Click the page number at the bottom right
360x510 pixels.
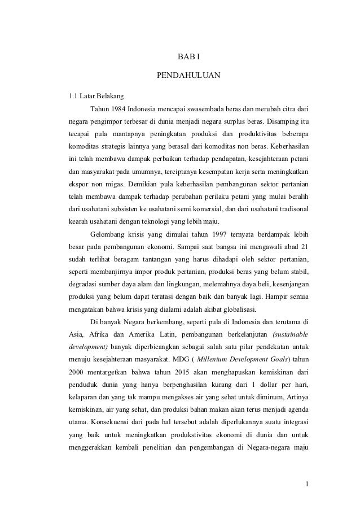(x=305, y=483)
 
